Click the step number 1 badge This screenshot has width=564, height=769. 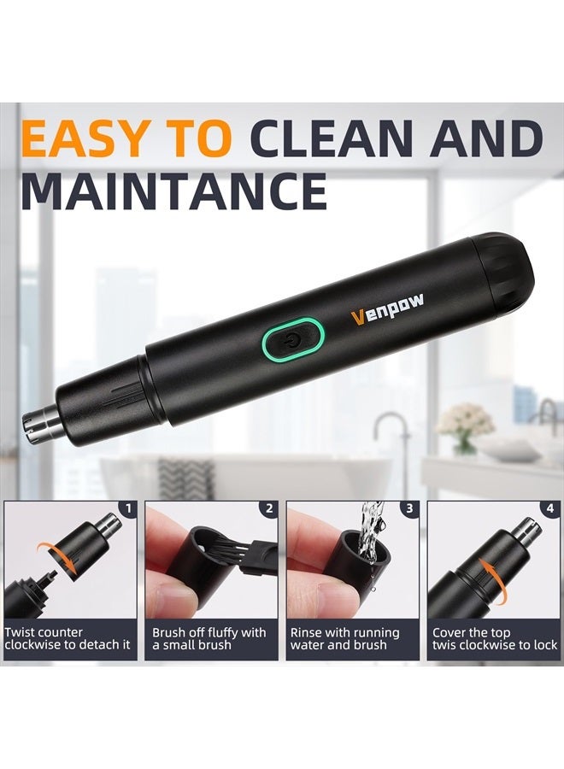pos(128,509)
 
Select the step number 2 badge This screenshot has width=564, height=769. pos(269,509)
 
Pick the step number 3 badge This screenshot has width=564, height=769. pos(410,509)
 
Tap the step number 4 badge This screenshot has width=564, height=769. pos(550,509)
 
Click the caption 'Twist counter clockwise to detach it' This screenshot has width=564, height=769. pos(68,639)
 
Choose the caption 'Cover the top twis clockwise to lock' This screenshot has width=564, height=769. pos(494,639)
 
